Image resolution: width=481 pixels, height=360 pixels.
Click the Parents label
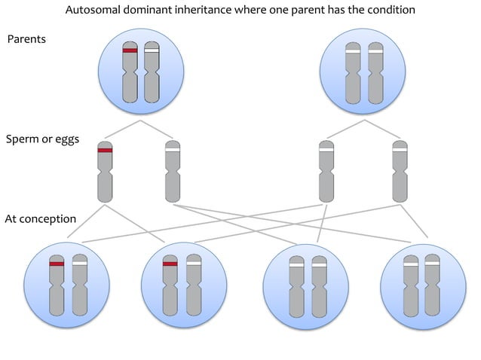tap(26, 38)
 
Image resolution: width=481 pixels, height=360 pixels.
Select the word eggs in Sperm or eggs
tap(66, 139)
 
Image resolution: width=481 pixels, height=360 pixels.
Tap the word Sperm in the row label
tap(23, 140)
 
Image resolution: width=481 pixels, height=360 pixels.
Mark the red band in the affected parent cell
tap(130, 50)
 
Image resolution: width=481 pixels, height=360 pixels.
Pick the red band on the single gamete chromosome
tap(105, 151)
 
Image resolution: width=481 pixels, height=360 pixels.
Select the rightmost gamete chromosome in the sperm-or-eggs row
tap(400, 172)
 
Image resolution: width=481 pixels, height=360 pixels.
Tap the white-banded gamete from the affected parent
tap(173, 172)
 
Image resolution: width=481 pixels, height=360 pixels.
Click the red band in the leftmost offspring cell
tap(57, 264)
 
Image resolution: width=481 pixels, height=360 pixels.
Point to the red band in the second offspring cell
tap(170, 264)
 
